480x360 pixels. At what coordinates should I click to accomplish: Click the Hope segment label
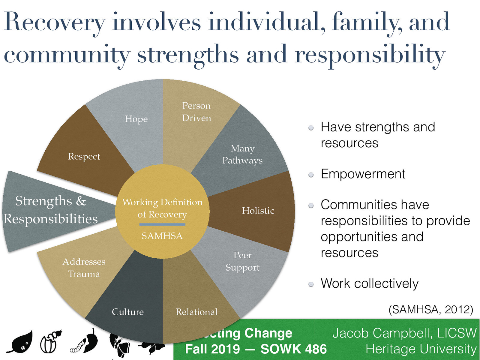[136, 119]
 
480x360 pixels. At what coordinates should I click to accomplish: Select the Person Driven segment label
[196, 112]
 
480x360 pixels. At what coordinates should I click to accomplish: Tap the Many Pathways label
[242, 154]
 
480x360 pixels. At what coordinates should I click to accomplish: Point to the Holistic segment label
[258, 211]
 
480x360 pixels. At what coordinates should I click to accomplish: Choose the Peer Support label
[242, 261]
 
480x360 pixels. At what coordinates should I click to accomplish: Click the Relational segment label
[196, 312]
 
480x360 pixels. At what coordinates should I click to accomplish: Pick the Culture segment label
[128, 312]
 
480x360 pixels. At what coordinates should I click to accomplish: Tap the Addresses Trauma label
[84, 268]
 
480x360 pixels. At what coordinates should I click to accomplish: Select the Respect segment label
[84, 157]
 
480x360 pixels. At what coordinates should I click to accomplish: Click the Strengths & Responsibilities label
[51, 210]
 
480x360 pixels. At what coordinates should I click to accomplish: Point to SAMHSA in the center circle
[162, 236]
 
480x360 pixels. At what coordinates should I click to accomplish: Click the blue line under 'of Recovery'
[162, 224]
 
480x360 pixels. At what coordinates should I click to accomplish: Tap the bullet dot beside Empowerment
[311, 175]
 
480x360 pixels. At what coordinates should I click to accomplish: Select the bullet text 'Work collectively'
[369, 283]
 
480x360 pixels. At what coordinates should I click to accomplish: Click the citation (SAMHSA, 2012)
[431, 309]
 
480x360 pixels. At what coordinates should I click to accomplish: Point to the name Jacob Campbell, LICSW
[404, 333]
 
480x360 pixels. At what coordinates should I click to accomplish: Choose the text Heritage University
[421, 349]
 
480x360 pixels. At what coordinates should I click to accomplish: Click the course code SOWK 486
[293, 349]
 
